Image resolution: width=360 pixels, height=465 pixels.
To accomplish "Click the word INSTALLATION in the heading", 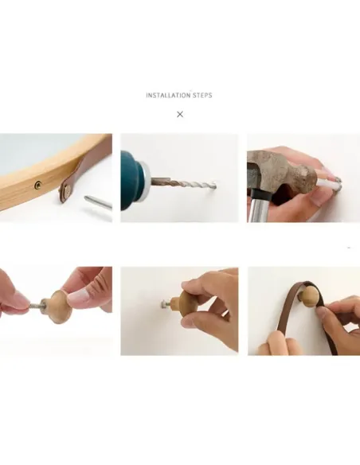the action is [168, 96].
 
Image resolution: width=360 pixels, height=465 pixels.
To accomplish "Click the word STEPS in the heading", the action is [202, 96].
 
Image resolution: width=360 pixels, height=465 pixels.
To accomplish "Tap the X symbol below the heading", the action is [180, 114].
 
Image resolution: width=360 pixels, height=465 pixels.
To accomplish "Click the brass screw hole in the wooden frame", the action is [38, 186].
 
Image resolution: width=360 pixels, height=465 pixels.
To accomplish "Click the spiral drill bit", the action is [184, 182].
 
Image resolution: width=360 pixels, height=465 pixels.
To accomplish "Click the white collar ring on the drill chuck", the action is [145, 180].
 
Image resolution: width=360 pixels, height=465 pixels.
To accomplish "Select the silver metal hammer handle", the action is [258, 208].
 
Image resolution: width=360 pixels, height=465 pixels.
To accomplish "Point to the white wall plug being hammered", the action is [327, 185].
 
